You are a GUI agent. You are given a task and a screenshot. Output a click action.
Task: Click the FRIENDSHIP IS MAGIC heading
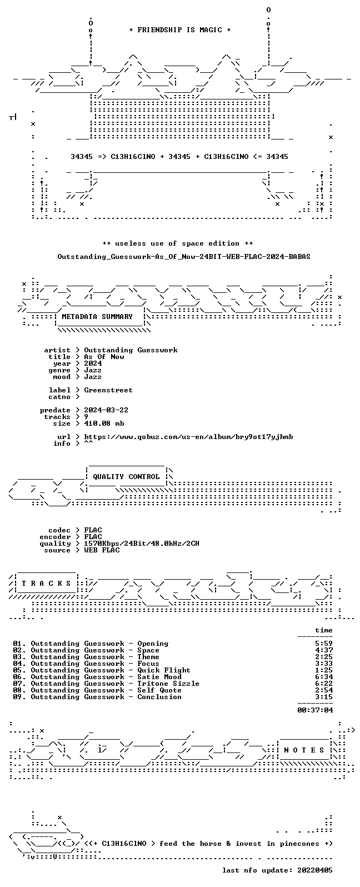180,29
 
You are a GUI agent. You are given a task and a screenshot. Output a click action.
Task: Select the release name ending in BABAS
184,257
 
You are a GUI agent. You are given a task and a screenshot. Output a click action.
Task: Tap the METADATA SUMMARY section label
97,317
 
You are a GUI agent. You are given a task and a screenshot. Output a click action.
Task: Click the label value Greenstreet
108,390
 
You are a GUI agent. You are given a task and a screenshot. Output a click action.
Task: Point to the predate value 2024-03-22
106,410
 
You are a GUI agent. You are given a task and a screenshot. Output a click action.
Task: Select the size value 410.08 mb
104,423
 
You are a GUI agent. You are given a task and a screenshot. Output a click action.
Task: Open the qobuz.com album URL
188,437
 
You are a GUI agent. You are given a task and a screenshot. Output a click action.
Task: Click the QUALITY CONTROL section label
126,477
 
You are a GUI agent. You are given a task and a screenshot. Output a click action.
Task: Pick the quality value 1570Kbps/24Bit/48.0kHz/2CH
142,544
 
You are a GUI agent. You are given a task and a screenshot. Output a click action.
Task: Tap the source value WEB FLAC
102,550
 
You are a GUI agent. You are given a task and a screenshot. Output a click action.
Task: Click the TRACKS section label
46,584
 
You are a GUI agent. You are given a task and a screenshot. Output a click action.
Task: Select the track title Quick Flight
164,670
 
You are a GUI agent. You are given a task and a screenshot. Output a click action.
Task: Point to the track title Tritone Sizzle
168,684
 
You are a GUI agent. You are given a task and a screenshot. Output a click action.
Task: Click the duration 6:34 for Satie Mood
324,677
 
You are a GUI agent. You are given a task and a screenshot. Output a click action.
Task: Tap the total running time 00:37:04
315,710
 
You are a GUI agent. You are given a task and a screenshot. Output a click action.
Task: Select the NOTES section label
304,750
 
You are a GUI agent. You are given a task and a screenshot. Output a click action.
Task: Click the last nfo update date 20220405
315,870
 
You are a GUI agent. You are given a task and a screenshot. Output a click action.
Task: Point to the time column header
324,630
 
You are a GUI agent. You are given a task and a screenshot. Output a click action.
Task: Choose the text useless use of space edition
177,243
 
